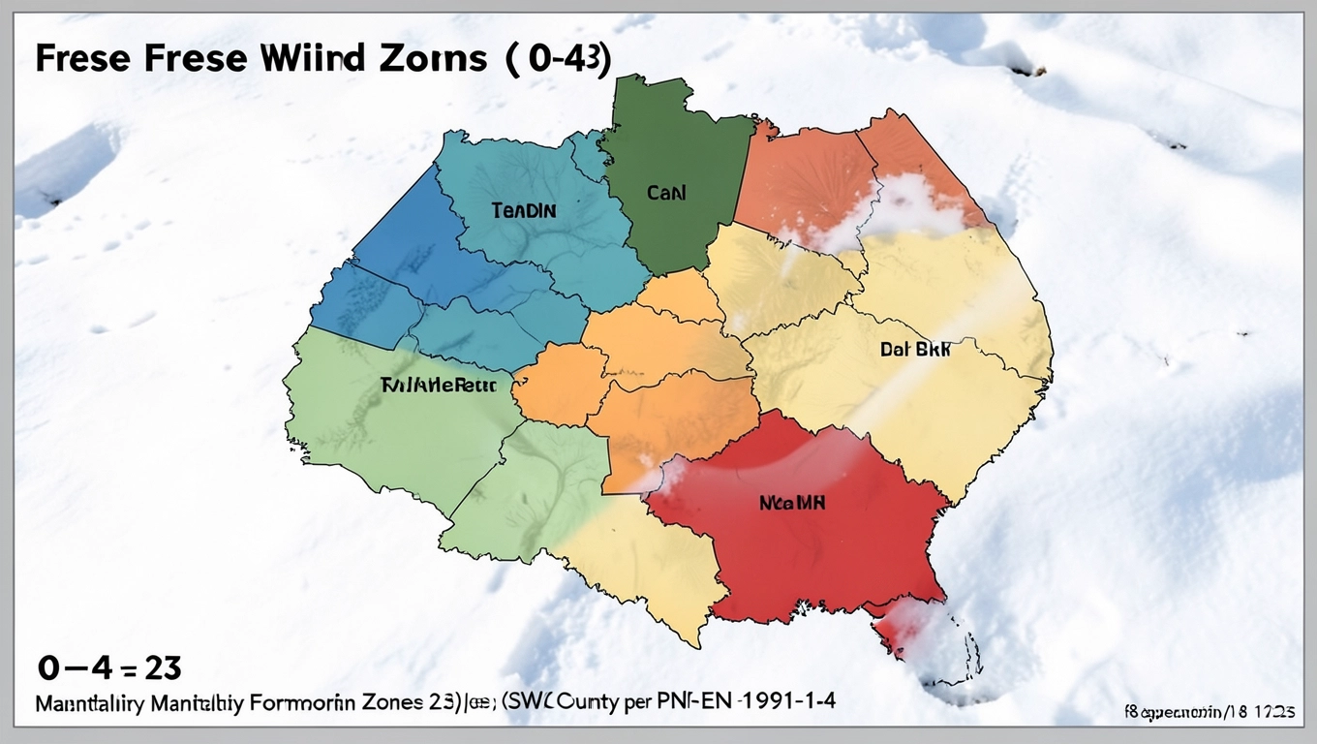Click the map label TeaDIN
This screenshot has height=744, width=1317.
click(x=524, y=209)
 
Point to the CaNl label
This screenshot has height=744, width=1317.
click(x=666, y=193)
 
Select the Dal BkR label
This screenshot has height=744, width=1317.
click(x=914, y=351)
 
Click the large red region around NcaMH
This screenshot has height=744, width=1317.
click(x=804, y=552)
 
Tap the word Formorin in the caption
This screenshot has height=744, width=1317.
click(x=302, y=700)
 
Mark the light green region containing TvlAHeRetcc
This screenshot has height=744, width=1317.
click(x=387, y=436)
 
